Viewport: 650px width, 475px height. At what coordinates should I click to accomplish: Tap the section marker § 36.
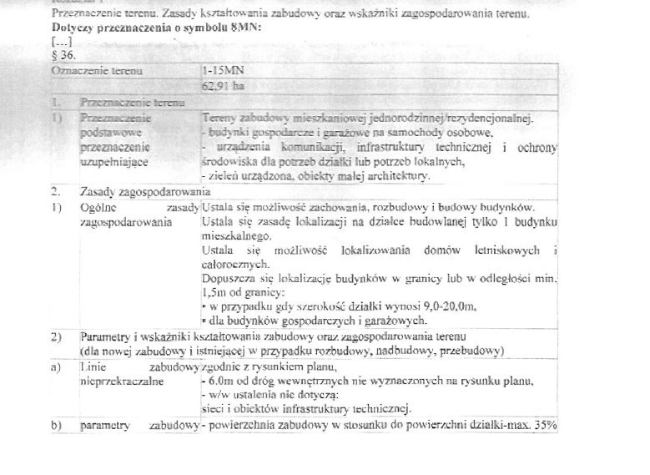pyautogui.click(x=63, y=54)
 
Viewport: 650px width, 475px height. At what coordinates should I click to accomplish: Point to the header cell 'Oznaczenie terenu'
pyautogui.click(x=97, y=71)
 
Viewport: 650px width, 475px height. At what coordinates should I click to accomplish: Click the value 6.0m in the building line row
pyautogui.click(x=219, y=381)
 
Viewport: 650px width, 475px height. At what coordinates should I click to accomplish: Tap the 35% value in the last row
pyautogui.click(x=547, y=426)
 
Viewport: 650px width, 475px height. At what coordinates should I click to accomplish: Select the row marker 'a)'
pyautogui.click(x=57, y=367)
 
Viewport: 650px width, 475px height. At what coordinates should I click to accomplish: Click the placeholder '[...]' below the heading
pyautogui.click(x=61, y=41)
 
